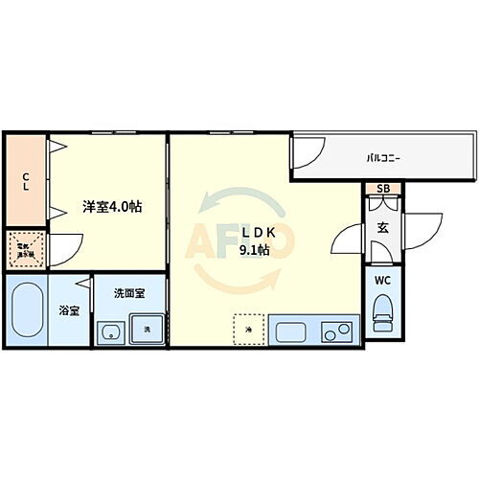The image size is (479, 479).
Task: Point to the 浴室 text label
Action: click(x=69, y=310)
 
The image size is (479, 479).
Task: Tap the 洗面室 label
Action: click(x=127, y=293)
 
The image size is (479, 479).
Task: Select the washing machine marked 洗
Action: click(x=147, y=330)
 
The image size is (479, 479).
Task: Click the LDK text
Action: click(x=254, y=235)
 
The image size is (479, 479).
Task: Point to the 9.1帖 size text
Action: click(x=254, y=252)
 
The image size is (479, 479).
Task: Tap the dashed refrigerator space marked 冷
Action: click(x=246, y=330)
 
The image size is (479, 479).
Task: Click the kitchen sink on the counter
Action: click(x=290, y=331)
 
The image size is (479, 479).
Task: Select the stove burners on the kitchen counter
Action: click(x=337, y=332)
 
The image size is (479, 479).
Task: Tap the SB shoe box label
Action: click(x=382, y=189)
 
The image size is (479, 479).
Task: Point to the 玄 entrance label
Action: click(x=381, y=227)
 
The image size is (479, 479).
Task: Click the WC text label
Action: click(x=382, y=282)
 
